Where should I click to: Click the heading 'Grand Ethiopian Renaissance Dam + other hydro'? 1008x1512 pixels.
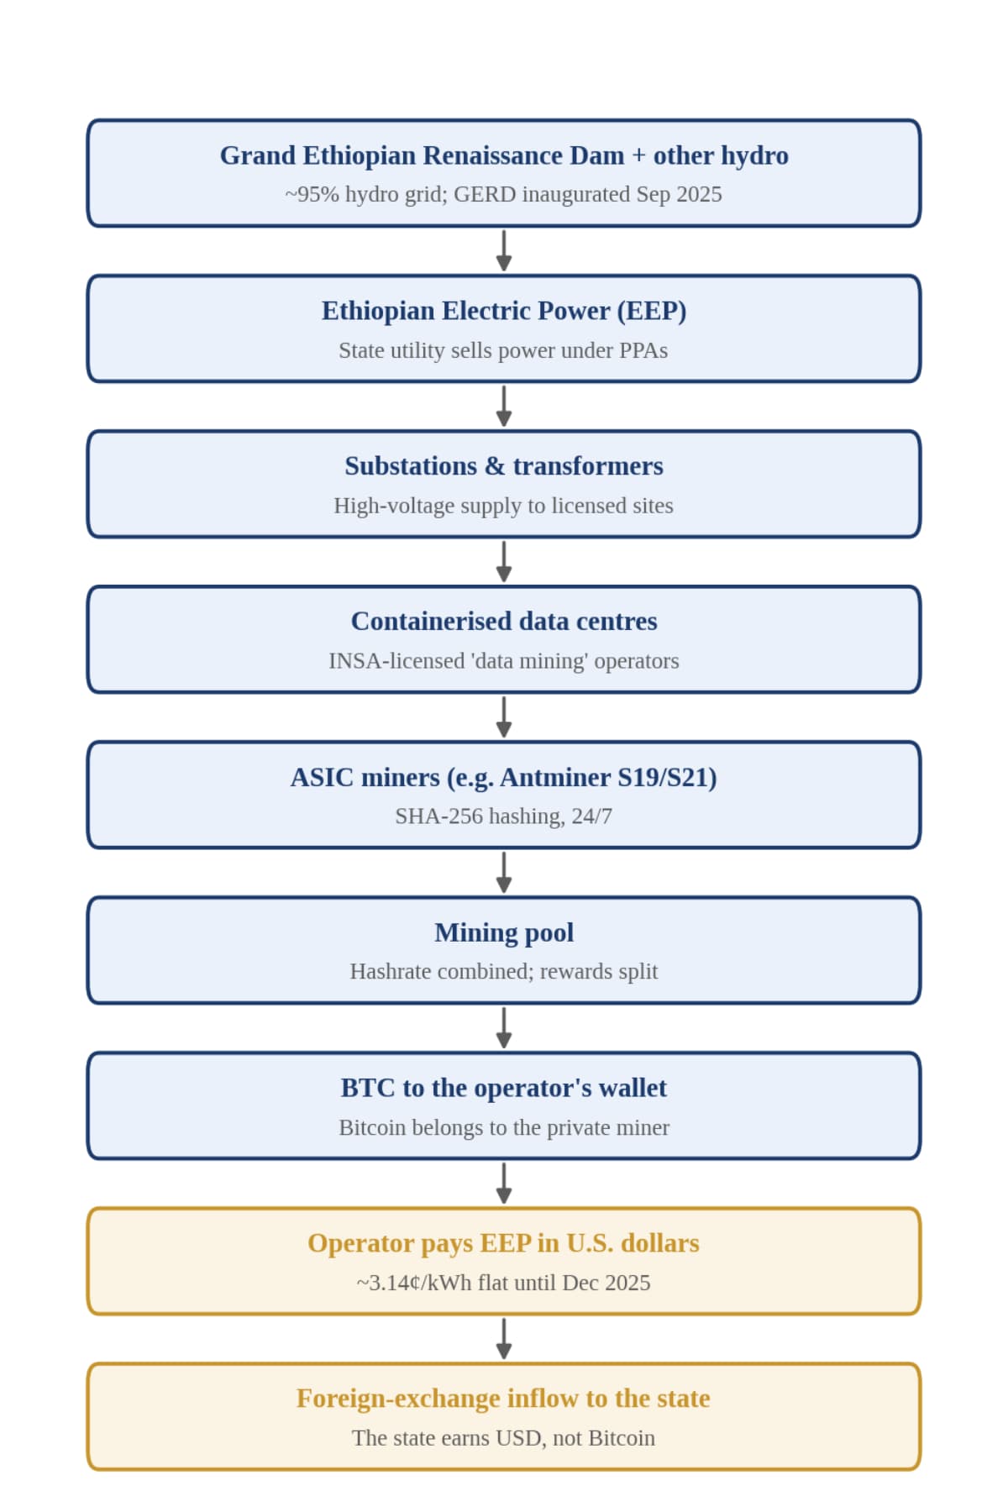point(504,155)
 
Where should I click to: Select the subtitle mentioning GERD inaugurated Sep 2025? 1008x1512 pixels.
point(504,194)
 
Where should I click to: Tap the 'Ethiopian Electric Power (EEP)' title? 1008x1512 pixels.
point(504,311)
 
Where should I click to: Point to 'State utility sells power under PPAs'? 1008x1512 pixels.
point(503,350)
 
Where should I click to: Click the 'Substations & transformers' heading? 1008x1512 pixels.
point(504,466)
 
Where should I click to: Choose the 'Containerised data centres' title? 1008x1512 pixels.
point(504,622)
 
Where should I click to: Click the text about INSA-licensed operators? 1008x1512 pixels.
point(504,661)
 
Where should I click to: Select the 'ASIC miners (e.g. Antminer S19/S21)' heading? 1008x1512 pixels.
point(504,778)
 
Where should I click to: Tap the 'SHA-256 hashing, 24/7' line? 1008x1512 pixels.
point(504,816)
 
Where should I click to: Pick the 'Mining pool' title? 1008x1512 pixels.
point(504,933)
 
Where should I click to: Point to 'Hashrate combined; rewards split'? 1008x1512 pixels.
point(504,972)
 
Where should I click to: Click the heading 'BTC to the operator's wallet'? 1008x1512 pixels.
point(504,1088)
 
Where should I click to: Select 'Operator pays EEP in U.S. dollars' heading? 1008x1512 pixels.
point(503,1243)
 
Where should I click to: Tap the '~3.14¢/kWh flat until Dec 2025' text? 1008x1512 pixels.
point(503,1283)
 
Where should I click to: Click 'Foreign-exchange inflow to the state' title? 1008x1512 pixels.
point(503,1399)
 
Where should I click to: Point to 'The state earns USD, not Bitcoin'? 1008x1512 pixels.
point(503,1438)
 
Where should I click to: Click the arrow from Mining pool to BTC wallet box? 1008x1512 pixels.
point(504,1028)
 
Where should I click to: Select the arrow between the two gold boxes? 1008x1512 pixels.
point(504,1339)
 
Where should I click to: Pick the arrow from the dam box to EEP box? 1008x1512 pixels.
point(504,250)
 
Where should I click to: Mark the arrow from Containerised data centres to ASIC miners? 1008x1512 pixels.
point(504,717)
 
